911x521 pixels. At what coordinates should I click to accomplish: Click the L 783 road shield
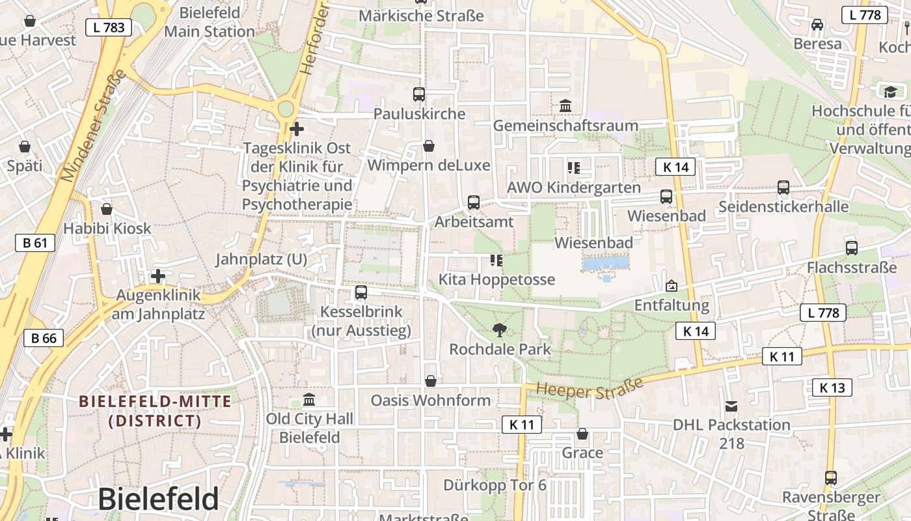click(x=109, y=27)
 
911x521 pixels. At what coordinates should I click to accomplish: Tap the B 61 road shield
click(x=35, y=244)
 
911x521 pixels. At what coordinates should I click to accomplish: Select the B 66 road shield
click(x=44, y=337)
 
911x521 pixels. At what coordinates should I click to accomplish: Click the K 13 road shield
click(x=832, y=388)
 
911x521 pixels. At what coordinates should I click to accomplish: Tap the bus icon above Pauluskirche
click(x=419, y=94)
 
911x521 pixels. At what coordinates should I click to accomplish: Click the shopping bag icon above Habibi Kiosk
click(x=107, y=209)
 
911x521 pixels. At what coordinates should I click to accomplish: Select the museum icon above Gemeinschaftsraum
click(x=565, y=106)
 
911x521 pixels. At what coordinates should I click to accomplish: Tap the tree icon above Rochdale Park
click(x=500, y=330)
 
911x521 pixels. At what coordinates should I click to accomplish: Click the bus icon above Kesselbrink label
click(x=361, y=292)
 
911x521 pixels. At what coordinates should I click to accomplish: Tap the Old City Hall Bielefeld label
click(x=310, y=428)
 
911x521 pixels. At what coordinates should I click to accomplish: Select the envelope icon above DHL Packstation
click(x=731, y=406)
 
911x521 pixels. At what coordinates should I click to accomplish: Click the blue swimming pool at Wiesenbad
click(x=606, y=264)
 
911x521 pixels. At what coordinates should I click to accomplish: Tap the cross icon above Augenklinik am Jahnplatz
click(x=158, y=276)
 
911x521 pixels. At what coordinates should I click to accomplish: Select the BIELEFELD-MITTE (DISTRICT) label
click(x=155, y=411)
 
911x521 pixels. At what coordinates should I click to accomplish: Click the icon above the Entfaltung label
click(x=672, y=286)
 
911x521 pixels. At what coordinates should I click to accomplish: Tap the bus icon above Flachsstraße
click(x=851, y=248)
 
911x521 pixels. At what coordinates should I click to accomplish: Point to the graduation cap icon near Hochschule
click(x=890, y=92)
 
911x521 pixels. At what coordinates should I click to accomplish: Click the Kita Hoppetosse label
click(x=496, y=279)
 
